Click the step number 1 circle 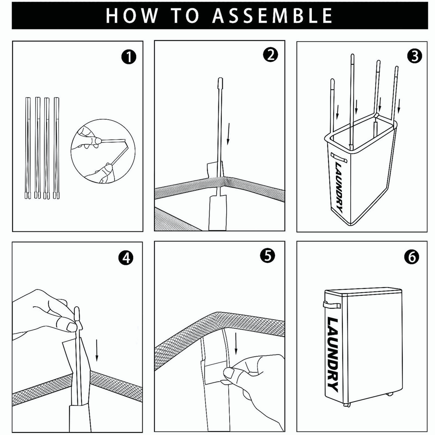click(x=128, y=57)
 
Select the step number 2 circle click(x=270, y=55)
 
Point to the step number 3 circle click(x=413, y=56)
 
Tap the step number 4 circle click(x=126, y=258)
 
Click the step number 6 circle click(x=412, y=257)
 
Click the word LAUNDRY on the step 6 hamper click(x=332, y=355)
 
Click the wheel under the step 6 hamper click(x=347, y=405)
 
